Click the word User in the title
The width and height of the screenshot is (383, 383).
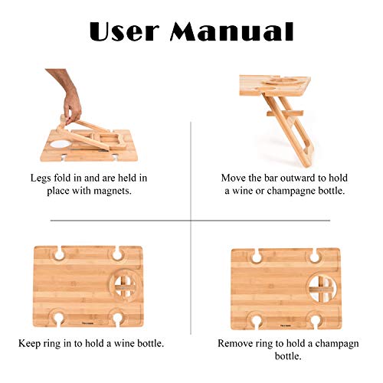point(124,31)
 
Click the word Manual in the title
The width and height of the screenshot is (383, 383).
point(231,31)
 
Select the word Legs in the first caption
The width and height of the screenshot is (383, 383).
point(41,178)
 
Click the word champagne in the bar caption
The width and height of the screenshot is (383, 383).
point(290,191)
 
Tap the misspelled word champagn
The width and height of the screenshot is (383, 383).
point(336,344)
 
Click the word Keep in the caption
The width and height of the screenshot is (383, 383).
point(29,343)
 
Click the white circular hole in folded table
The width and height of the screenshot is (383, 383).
point(60,144)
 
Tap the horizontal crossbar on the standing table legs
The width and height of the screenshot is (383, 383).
point(285,113)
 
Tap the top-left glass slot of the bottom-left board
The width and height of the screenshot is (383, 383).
point(58,254)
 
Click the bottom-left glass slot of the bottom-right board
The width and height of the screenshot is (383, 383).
point(256,320)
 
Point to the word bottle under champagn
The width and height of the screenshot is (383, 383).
point(288,356)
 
